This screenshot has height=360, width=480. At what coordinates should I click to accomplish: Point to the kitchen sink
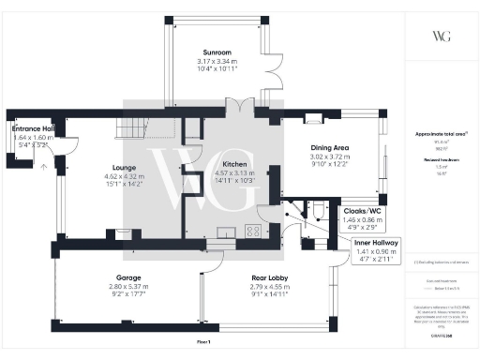tap(226, 232)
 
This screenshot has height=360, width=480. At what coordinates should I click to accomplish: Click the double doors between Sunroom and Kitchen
tap(239, 105)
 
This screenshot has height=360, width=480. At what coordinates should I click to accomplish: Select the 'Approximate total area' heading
tap(442, 135)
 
